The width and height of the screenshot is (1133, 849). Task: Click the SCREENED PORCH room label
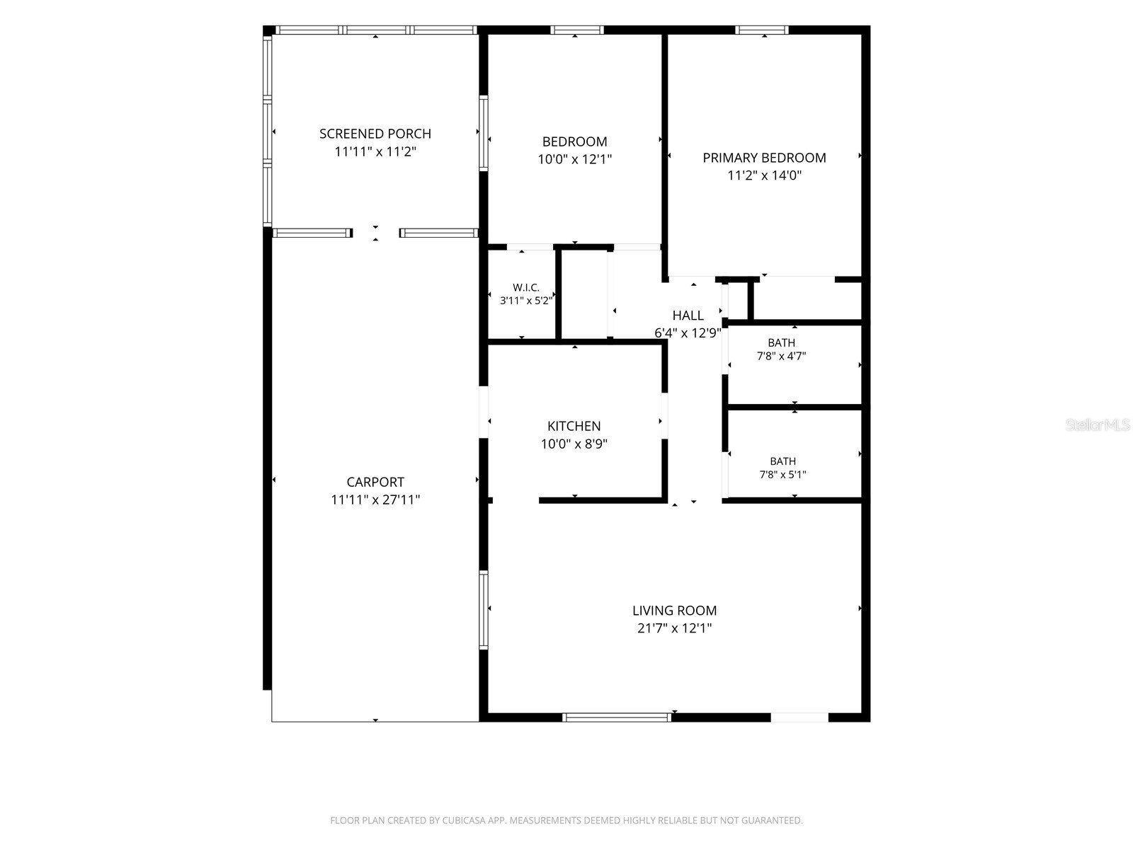click(x=375, y=134)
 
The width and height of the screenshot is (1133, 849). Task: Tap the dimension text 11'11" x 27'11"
click(x=375, y=499)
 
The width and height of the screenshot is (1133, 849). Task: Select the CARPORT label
click(x=375, y=482)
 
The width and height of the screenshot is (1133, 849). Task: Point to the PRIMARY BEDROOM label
click(x=764, y=158)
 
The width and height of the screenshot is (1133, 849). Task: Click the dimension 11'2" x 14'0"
click(x=764, y=175)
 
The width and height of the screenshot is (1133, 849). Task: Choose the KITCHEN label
click(x=574, y=427)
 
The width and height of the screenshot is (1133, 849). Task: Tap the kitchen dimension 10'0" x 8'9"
click(x=574, y=444)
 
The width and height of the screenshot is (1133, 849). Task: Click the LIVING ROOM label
click(x=674, y=611)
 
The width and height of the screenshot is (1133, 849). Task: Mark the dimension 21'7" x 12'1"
click(x=674, y=628)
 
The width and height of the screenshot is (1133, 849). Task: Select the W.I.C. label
click(x=526, y=288)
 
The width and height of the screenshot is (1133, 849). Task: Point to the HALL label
click(x=688, y=316)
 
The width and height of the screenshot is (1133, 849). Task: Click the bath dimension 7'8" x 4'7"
click(x=782, y=356)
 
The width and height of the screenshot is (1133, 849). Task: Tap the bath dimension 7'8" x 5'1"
click(x=782, y=475)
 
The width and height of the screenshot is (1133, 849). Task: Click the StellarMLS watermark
click(x=1098, y=424)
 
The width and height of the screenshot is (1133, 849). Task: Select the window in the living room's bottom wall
click(x=616, y=717)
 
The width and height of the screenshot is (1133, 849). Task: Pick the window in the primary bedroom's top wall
click(x=761, y=30)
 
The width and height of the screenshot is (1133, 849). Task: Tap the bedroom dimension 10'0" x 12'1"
click(x=574, y=159)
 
